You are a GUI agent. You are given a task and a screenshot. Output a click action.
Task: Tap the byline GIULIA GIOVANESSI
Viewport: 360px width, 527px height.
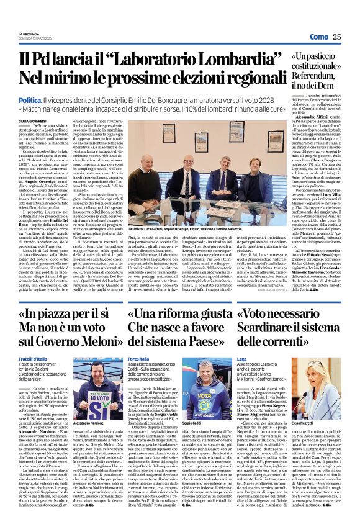tap(32, 121)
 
